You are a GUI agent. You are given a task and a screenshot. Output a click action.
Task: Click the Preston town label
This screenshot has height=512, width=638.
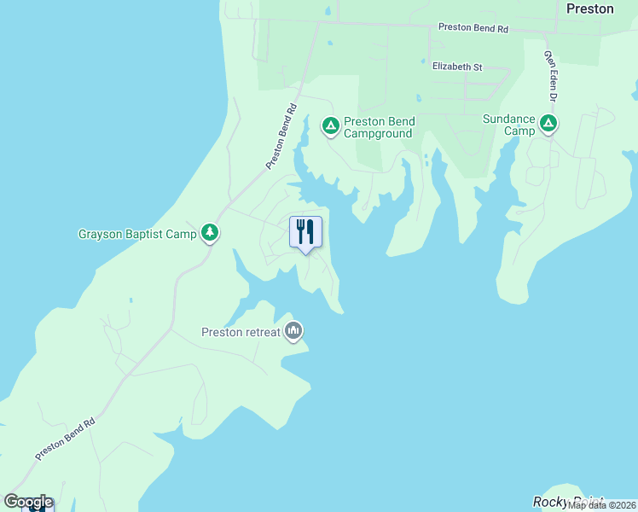589,9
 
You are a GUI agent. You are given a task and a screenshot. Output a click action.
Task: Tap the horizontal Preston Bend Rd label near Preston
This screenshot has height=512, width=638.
473,28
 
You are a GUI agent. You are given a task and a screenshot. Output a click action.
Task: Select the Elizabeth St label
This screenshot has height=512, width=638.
457,66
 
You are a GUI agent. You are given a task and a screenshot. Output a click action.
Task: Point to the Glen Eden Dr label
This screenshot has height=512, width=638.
551,76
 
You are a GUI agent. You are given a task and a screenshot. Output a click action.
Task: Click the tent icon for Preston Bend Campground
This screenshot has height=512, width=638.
330,126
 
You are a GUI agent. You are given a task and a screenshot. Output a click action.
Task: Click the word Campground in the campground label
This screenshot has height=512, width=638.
379,133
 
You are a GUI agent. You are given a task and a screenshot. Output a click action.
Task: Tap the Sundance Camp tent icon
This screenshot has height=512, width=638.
548,125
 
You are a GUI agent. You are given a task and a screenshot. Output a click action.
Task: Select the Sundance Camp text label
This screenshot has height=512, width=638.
508,125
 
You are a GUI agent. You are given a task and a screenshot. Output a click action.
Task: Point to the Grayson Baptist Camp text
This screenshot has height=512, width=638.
137,234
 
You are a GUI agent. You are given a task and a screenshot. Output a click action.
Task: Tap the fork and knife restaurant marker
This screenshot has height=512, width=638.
304,231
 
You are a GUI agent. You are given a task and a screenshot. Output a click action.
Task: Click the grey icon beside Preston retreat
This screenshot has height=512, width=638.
294,330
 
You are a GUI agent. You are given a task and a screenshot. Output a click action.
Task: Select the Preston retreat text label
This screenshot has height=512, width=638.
241,332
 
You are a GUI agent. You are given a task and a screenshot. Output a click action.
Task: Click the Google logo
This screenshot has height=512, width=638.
28,502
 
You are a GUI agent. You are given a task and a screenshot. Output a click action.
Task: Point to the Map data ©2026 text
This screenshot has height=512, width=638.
601,505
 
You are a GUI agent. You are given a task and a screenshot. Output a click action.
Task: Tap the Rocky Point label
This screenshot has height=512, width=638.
567,503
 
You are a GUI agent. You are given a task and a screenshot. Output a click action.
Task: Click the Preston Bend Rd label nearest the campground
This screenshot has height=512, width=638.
280,136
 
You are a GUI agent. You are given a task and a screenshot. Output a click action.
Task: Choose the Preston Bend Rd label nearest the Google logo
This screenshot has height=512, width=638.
65,439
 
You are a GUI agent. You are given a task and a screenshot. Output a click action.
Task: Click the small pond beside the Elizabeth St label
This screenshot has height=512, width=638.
422,61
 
